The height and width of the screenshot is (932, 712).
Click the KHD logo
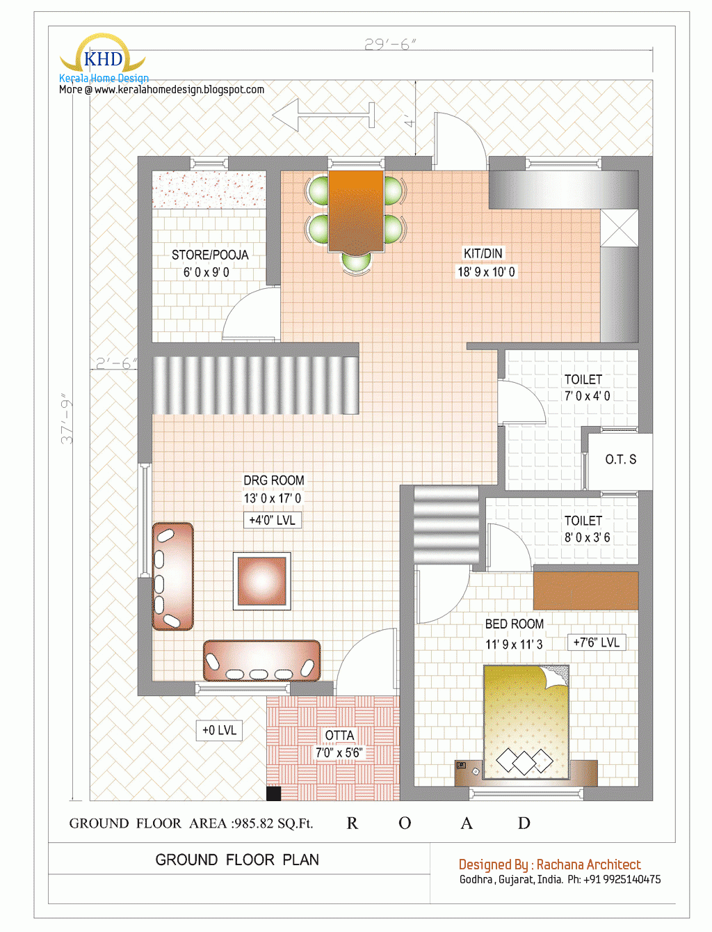click(x=103, y=58)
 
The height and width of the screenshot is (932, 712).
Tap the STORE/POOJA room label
click(x=209, y=263)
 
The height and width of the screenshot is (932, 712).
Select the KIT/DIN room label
click(x=485, y=262)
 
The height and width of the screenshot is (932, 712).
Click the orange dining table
click(x=355, y=210)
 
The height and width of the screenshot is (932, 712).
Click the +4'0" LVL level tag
click(x=273, y=520)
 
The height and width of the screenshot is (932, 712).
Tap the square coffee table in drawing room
click(x=262, y=581)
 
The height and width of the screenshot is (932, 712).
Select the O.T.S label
click(x=620, y=459)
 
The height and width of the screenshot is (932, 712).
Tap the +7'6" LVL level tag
click(x=596, y=642)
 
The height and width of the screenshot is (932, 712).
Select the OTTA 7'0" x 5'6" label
click(x=339, y=744)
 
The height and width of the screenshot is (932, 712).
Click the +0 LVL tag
click(x=219, y=730)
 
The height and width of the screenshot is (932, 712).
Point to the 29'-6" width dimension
click(x=390, y=45)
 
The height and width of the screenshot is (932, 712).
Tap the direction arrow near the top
click(x=323, y=114)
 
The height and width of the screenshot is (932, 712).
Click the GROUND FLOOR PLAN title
click(x=237, y=860)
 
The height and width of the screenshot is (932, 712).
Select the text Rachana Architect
click(x=588, y=864)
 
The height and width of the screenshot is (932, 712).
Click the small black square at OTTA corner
click(x=273, y=793)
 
